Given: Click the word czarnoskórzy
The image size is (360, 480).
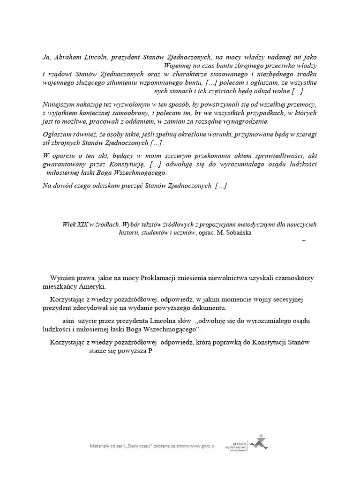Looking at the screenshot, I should (292, 278).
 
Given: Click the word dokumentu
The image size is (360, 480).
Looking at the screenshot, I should (210, 308).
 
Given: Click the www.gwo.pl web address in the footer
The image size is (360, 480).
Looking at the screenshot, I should (202, 446).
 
